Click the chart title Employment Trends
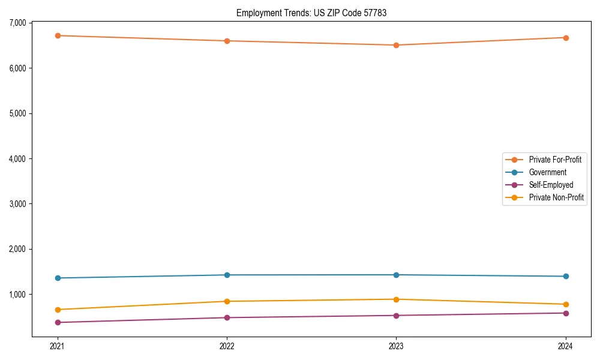[311, 13]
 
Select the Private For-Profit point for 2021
[58, 35]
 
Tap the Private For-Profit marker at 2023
[396, 45]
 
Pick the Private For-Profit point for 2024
[566, 38]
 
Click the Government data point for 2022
[227, 275]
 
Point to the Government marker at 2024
[566, 276]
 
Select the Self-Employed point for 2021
[58, 322]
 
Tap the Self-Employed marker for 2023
[396, 316]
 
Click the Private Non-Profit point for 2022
[227, 301]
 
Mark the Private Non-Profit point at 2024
[566, 304]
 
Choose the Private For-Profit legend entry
[554, 160]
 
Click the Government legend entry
[547, 172]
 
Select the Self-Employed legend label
[551, 185]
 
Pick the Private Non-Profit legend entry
[556, 197]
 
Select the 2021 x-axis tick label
[58, 346]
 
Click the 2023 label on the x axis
[396, 346]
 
